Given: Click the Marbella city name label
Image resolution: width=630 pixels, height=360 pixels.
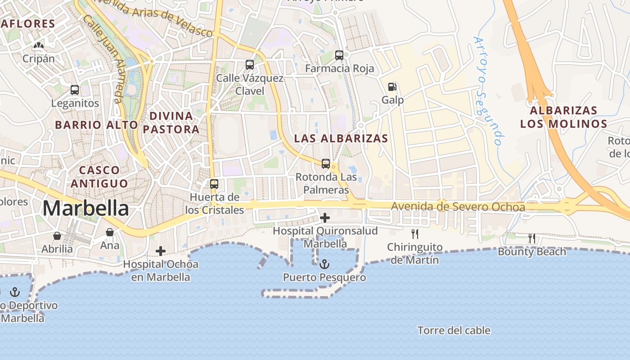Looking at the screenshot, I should pyautogui.click(x=85, y=208).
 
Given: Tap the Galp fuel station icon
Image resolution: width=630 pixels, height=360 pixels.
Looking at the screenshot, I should pyautogui.click(x=392, y=87).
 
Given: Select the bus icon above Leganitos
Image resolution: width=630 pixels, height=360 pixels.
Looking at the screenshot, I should pyautogui.click(x=75, y=90).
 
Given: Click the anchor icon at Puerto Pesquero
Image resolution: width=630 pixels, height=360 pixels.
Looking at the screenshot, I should pyautogui.click(x=324, y=264).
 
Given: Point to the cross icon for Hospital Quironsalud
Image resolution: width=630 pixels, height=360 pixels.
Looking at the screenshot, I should pyautogui.click(x=324, y=218).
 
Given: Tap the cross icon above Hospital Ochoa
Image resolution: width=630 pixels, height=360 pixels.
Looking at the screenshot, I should pyautogui.click(x=161, y=251).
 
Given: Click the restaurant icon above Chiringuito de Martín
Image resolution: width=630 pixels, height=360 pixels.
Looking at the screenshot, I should pyautogui.click(x=415, y=234).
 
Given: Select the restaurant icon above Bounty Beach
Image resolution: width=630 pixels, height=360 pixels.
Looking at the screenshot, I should pyautogui.click(x=532, y=238).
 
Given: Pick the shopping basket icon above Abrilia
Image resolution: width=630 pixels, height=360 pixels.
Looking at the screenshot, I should pyautogui.click(x=57, y=236).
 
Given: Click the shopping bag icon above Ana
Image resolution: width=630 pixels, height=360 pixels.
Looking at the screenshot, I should pyautogui.click(x=110, y=232).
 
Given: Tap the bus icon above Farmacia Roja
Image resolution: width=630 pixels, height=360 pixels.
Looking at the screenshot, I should pyautogui.click(x=339, y=55).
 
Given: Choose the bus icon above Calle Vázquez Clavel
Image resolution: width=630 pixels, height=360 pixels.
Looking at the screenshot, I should pyautogui.click(x=250, y=65).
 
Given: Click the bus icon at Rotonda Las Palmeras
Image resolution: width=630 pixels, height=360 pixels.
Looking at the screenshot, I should pyautogui.click(x=326, y=164).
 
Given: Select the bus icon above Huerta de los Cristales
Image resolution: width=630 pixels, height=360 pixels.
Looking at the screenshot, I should pyautogui.click(x=214, y=184).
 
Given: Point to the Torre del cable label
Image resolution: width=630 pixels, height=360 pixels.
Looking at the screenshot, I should pyautogui.click(x=454, y=330).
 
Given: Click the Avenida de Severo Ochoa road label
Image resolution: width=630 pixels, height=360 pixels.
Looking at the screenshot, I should pyautogui.click(x=458, y=207).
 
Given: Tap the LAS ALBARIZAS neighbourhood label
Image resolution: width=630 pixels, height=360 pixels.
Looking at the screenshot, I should pyautogui.click(x=341, y=139).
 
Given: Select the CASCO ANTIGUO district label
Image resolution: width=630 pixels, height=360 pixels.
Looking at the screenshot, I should pyautogui.click(x=99, y=177).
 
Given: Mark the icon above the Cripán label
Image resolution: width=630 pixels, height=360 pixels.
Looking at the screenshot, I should pyautogui.click(x=39, y=45).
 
